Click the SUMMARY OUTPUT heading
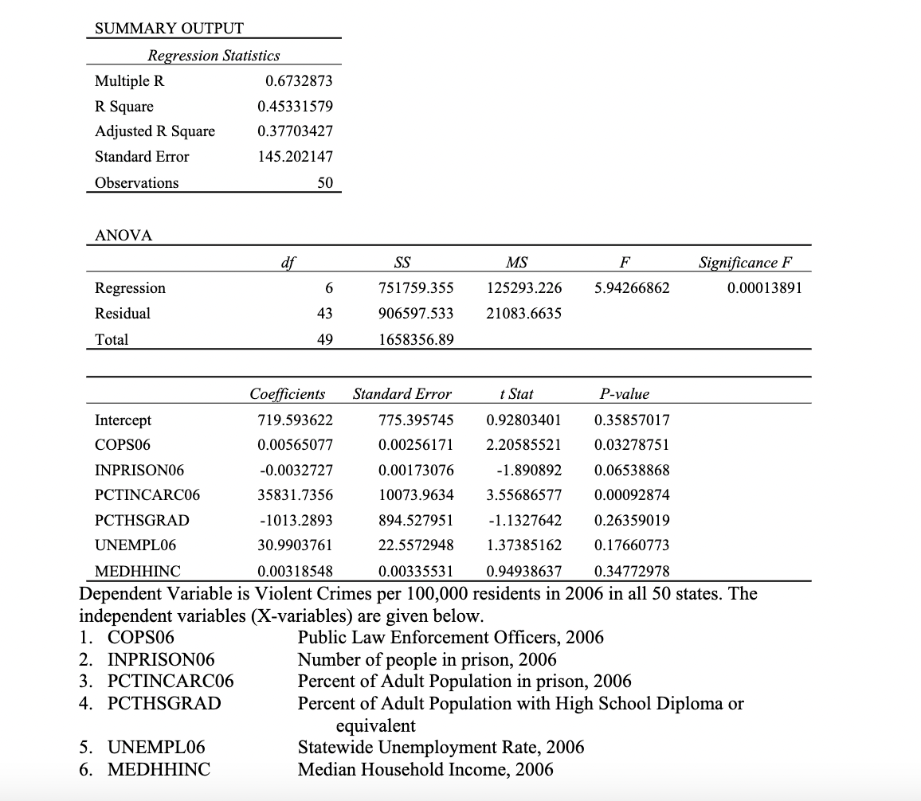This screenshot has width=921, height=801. pos(169,29)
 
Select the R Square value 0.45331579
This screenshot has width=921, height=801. pos(295,107)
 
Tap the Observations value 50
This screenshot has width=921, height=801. pos(324,182)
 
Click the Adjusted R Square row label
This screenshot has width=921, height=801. pos(155,131)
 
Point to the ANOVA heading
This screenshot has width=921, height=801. pos(123,235)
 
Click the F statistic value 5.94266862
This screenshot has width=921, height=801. pos(632,288)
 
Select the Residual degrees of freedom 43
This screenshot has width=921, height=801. pos(323,314)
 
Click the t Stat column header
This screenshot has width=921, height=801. pos(516,394)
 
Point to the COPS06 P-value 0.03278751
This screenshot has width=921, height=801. pos(632,444)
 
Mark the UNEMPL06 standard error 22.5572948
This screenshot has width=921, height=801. pos(415,545)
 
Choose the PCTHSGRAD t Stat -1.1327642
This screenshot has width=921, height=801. pos(523,520)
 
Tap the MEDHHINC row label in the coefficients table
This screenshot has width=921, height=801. pos(138,571)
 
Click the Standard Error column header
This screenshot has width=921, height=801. pos(402,394)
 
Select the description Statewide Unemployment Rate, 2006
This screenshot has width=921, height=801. pos(441,747)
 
